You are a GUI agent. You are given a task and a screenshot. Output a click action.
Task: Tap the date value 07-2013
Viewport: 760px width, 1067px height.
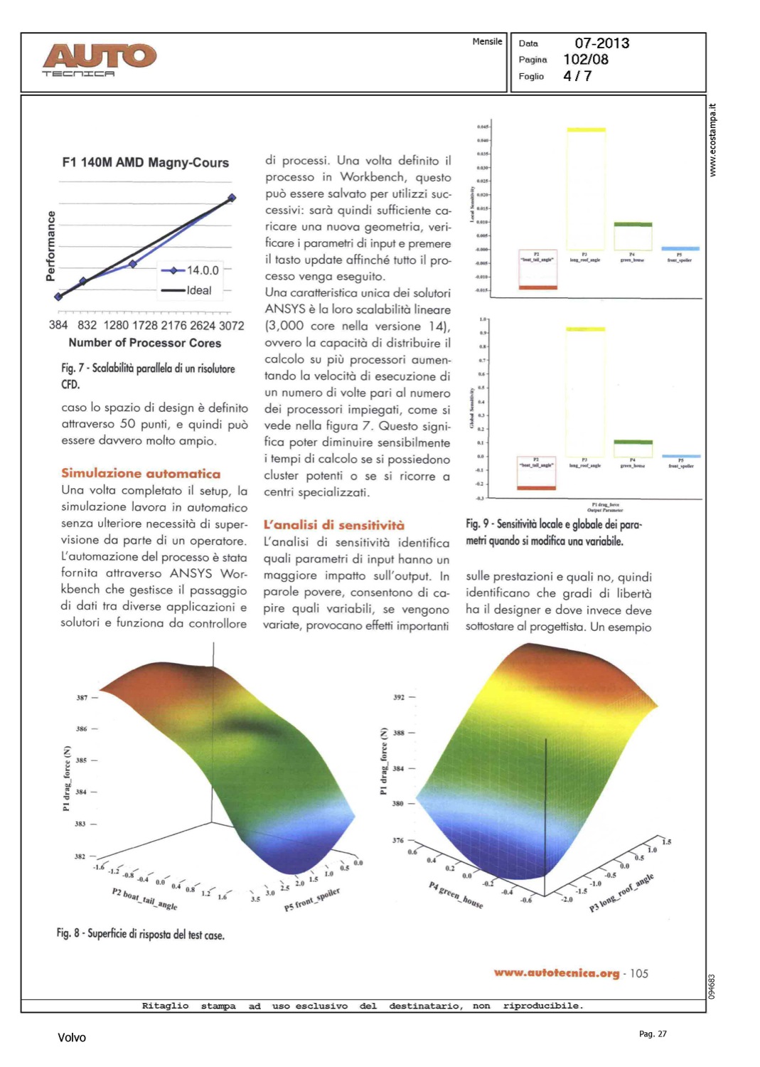[x=601, y=43]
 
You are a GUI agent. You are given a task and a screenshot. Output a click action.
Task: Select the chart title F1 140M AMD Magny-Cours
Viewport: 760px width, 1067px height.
[x=145, y=163]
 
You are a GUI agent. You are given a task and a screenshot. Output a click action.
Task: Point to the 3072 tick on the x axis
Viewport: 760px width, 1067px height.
[x=231, y=325]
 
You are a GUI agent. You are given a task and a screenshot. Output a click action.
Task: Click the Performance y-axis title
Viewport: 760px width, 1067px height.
[x=51, y=245]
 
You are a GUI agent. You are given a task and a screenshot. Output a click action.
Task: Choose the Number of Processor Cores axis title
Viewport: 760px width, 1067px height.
[x=144, y=343]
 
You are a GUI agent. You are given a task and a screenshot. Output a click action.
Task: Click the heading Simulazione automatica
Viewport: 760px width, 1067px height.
[x=141, y=474]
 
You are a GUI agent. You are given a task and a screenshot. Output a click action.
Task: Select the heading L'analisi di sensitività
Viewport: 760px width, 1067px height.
[x=333, y=525]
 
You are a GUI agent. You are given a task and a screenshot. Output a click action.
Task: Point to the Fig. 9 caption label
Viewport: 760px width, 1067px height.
[x=476, y=524]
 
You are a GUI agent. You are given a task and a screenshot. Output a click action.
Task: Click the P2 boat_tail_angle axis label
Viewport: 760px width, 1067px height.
[x=145, y=899]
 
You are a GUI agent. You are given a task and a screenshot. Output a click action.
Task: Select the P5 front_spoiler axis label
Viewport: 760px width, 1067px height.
[x=312, y=899]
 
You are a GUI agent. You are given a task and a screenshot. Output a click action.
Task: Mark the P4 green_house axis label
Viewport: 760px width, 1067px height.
[x=456, y=894]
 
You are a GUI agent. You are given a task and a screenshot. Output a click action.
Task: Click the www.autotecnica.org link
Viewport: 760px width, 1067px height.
[x=556, y=973]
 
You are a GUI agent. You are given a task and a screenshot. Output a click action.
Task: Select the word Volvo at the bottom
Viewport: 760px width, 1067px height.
[x=72, y=1038]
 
